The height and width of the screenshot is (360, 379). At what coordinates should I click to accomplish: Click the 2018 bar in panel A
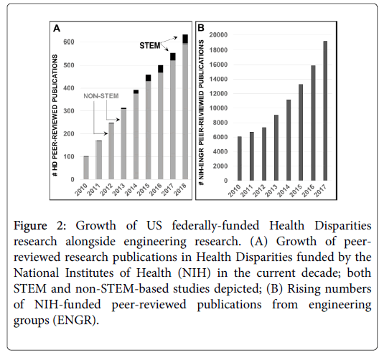click(185, 107)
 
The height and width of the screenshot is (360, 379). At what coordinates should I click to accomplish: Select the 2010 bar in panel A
click(86, 168)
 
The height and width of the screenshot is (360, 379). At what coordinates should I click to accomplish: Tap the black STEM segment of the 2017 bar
click(173, 57)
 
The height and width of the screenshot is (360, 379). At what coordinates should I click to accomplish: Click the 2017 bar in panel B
click(325, 111)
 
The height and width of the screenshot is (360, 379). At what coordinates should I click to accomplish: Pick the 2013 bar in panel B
click(276, 148)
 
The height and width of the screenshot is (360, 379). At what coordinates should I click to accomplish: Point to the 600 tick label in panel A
click(69, 42)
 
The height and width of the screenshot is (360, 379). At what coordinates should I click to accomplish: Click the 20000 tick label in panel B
click(218, 35)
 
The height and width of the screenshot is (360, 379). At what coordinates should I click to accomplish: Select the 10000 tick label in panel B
click(218, 108)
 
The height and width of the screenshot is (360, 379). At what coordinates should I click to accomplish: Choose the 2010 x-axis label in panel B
click(235, 191)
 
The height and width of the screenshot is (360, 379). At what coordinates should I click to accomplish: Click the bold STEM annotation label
click(150, 45)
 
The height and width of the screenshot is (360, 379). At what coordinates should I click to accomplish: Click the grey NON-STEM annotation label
click(101, 96)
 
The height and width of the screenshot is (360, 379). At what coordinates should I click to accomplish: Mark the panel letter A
click(57, 29)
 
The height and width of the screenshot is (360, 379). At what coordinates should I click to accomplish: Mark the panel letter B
click(201, 28)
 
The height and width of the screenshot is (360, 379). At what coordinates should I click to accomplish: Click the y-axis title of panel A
click(55, 115)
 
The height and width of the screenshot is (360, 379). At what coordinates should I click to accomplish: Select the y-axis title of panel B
click(201, 113)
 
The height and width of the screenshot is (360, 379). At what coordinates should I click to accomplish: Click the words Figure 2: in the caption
click(39, 226)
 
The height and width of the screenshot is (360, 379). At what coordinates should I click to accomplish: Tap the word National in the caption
click(37, 273)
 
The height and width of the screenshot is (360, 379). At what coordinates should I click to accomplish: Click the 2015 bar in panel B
click(301, 133)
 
